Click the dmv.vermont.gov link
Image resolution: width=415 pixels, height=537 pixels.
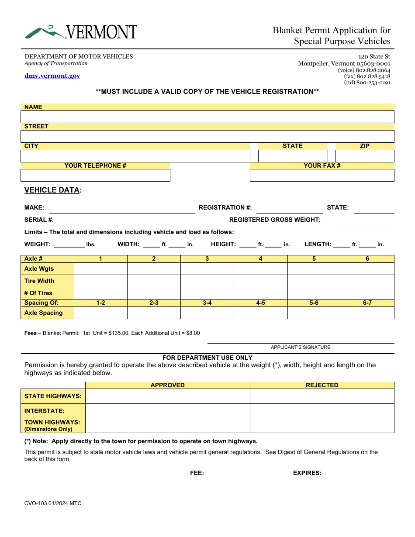(x=52, y=76)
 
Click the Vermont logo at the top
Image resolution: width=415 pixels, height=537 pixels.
(x=81, y=32)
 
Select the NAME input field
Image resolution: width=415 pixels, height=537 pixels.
(x=207, y=117)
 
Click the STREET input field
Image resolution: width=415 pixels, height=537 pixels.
(x=207, y=136)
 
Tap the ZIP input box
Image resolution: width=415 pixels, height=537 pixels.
(x=364, y=156)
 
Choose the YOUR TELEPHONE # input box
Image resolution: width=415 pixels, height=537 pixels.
(x=95, y=175)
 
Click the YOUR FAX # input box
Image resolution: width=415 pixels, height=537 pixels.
(x=322, y=175)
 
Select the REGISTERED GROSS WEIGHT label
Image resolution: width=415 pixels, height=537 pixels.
(x=275, y=220)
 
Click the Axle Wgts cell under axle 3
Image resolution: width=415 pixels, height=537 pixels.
(x=207, y=268)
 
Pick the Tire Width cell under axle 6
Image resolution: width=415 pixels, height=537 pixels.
(x=367, y=281)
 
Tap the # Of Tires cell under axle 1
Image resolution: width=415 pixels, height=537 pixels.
(x=100, y=293)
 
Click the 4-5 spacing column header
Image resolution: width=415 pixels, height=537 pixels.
(x=260, y=303)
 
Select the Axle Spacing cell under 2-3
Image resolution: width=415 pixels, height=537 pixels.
(x=154, y=313)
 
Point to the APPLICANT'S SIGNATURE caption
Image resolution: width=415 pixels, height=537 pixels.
(x=301, y=347)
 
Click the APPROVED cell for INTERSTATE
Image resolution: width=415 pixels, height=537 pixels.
(x=167, y=411)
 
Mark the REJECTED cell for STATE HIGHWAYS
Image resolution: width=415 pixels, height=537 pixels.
(x=322, y=396)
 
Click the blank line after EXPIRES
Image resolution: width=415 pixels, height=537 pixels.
(x=360, y=473)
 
